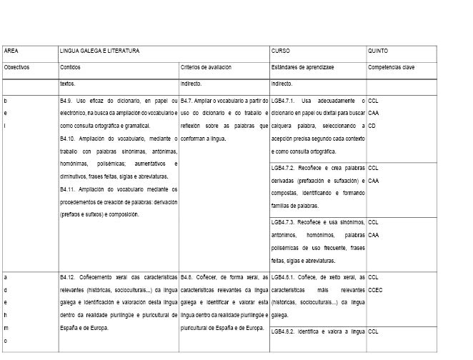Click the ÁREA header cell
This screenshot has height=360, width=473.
[11, 51]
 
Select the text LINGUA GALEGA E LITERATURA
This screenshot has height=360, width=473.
[99, 51]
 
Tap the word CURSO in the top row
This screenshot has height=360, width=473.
[281, 51]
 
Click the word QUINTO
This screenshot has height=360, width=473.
[378, 51]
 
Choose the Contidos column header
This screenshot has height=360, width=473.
[70, 67]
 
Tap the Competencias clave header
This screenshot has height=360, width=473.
[392, 67]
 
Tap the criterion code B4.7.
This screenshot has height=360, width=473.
[188, 101]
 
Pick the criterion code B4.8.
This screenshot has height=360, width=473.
[188, 276]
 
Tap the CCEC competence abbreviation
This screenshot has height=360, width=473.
[377, 288]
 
